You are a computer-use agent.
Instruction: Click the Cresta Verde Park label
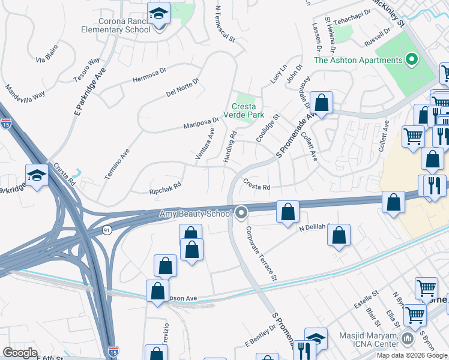244,110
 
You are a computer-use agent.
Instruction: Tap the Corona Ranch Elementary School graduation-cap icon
158,14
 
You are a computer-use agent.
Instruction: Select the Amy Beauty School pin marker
241,212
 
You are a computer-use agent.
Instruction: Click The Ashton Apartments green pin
411,60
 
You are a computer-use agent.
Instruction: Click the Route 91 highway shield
105,230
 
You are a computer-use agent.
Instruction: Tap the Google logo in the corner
20,353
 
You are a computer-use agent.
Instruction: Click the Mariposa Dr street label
201,123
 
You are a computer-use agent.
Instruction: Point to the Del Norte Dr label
182,88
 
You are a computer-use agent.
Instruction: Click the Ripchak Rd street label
164,188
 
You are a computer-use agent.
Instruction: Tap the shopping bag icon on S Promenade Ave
322,103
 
